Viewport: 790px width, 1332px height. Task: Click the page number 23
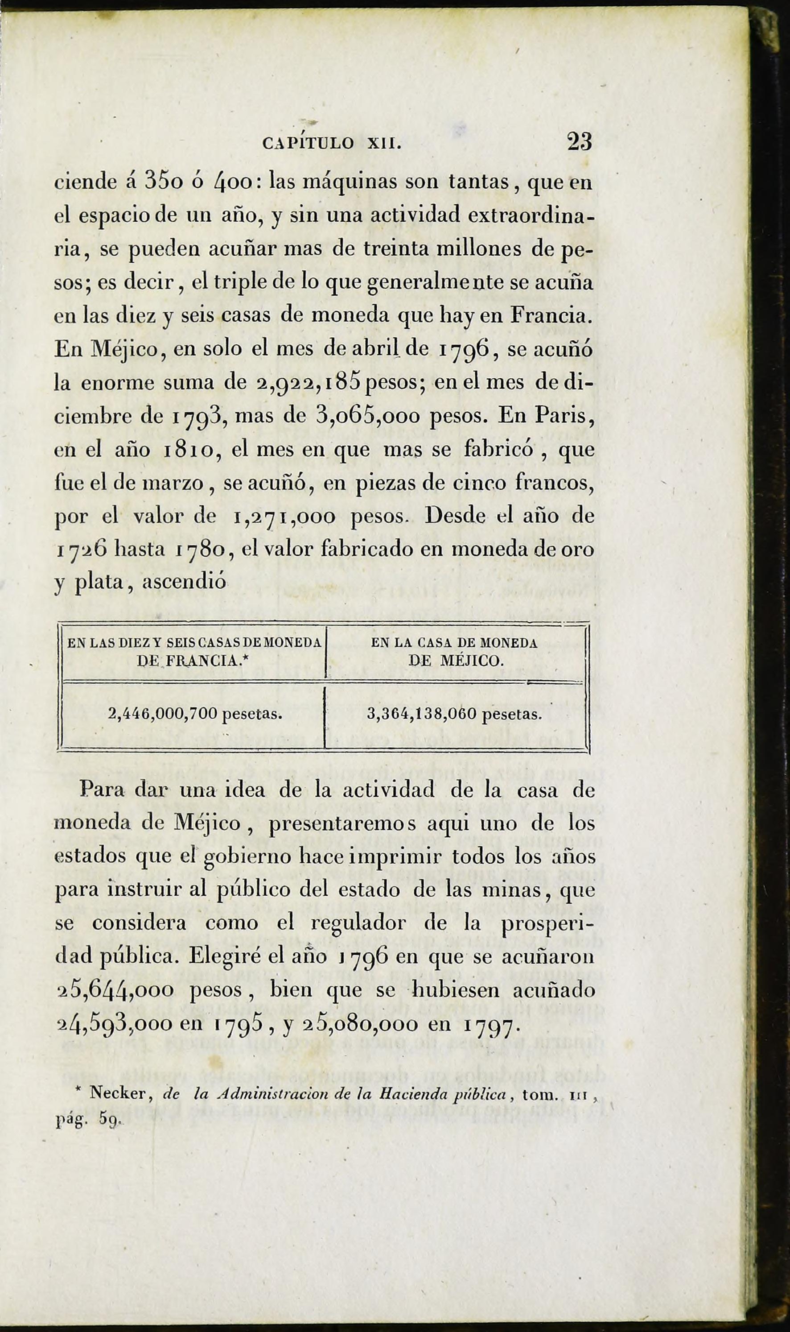(579, 142)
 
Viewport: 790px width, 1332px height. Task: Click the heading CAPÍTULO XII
(332, 144)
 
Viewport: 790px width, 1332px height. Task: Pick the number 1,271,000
(285, 517)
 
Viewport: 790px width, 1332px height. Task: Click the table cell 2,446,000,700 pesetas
(195, 714)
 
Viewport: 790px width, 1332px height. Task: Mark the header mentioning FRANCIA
(194, 652)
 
